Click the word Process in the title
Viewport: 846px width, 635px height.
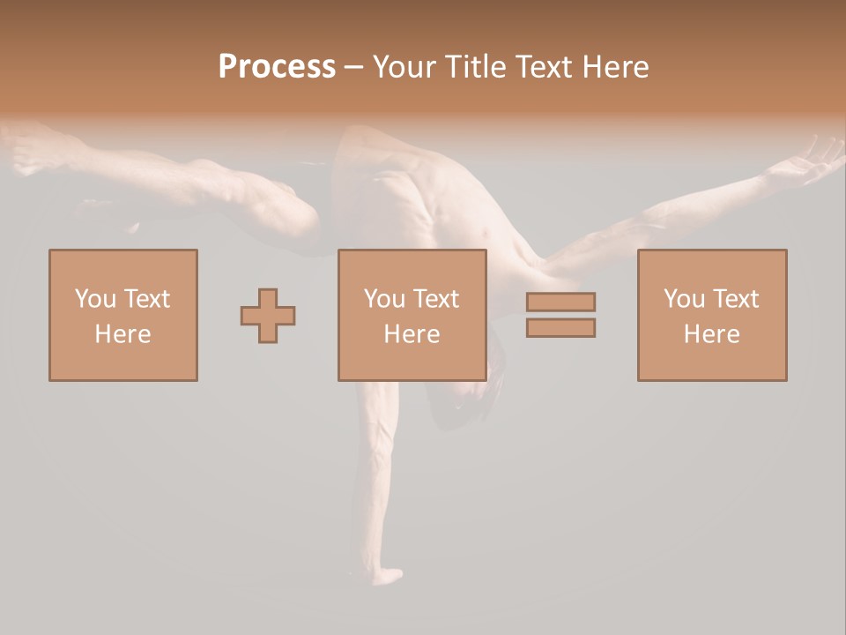(x=277, y=67)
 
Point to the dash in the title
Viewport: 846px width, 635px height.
(x=354, y=68)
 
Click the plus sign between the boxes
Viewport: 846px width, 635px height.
(x=268, y=316)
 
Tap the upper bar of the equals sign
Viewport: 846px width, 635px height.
(x=560, y=302)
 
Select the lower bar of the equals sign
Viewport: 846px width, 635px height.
(x=560, y=327)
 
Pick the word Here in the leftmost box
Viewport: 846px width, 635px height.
(x=122, y=334)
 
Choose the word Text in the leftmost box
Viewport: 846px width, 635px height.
(x=145, y=299)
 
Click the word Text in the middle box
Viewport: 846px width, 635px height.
(x=435, y=299)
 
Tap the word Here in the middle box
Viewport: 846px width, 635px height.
(x=412, y=334)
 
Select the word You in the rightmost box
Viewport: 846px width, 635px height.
(x=684, y=299)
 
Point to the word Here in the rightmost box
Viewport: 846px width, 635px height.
(x=712, y=334)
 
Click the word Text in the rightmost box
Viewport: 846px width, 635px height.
(x=735, y=299)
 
